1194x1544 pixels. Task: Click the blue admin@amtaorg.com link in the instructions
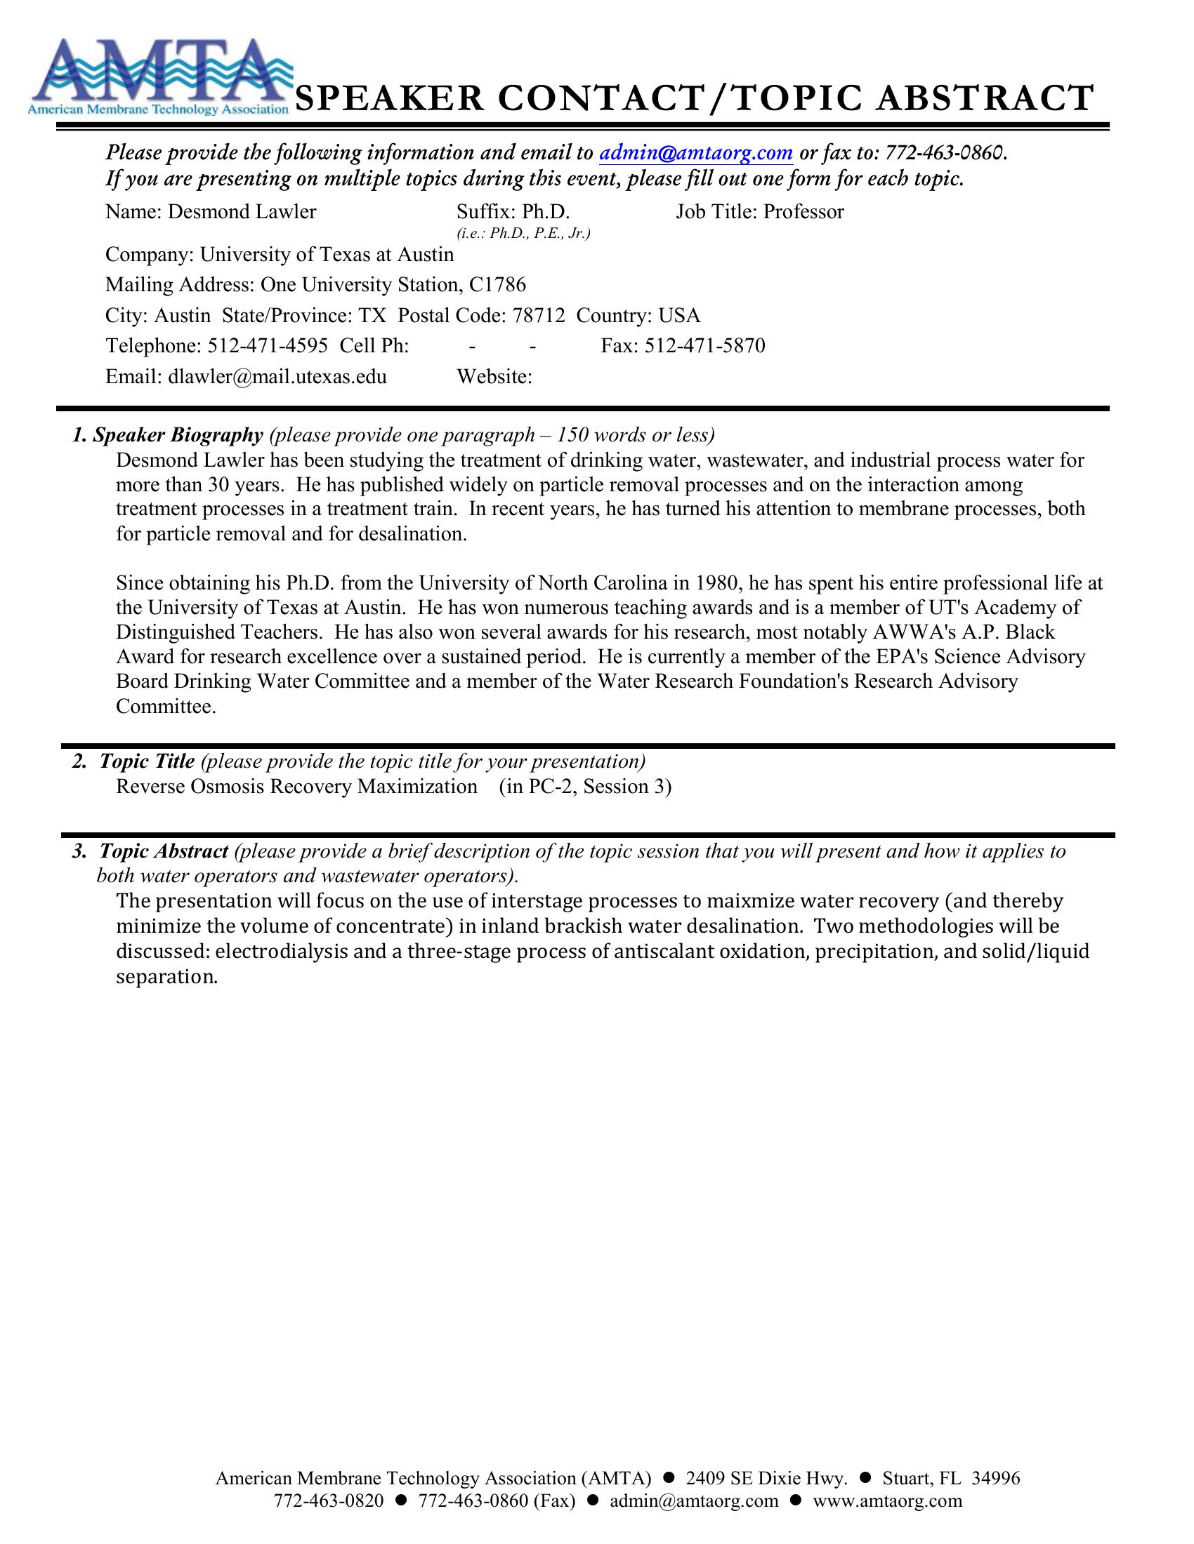click(x=695, y=152)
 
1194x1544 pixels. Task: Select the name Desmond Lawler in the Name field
click(x=241, y=212)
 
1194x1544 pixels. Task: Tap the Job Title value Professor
click(x=803, y=212)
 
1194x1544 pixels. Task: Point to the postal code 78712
click(x=538, y=315)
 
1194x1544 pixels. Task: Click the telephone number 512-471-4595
click(x=268, y=346)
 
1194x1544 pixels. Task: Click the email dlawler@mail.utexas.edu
click(x=277, y=376)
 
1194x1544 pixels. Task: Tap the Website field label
click(x=494, y=376)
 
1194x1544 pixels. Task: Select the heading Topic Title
click(x=146, y=761)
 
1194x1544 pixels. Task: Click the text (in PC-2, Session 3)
click(x=585, y=787)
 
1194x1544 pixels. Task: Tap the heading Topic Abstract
click(x=164, y=851)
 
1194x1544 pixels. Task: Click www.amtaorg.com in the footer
click(x=887, y=1501)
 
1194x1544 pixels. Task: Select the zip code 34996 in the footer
click(x=996, y=1478)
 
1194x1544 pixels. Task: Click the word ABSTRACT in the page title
click(x=985, y=99)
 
